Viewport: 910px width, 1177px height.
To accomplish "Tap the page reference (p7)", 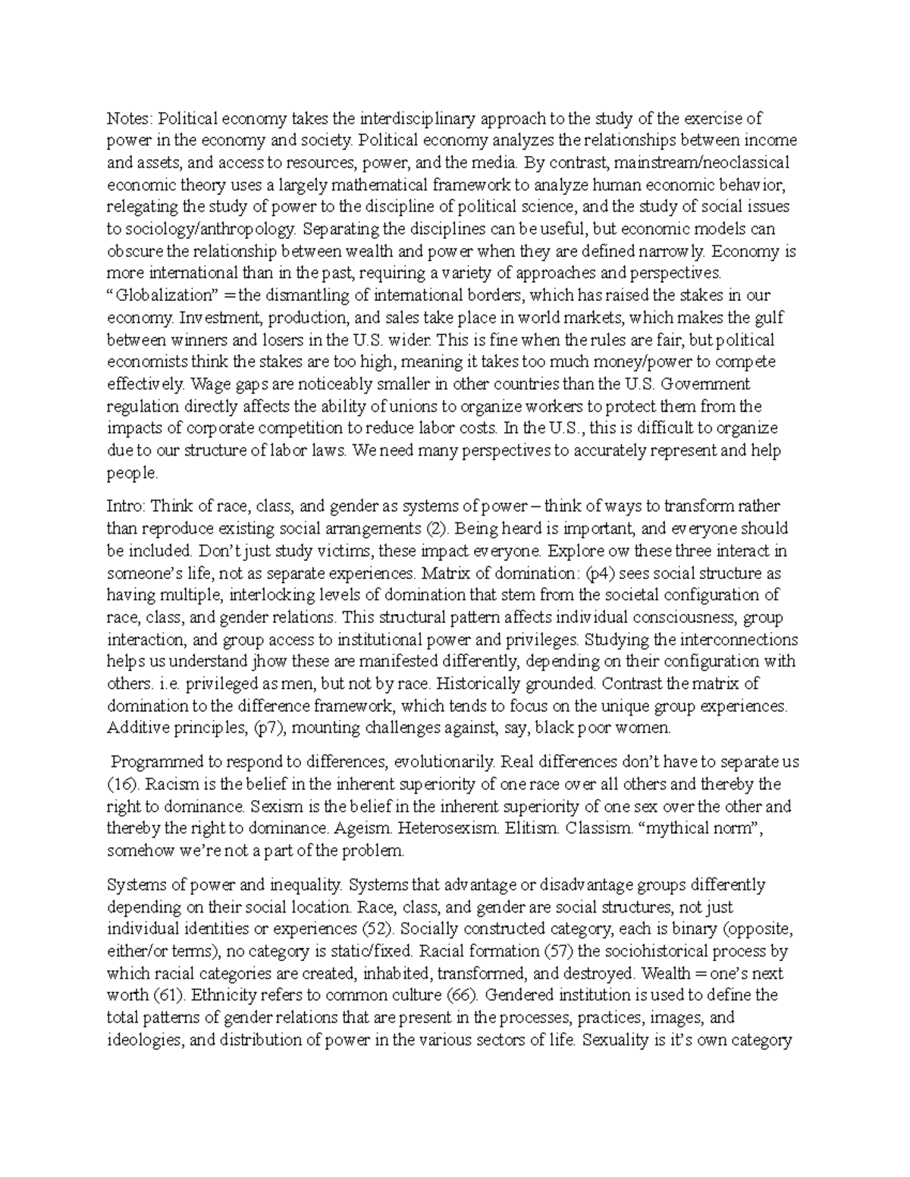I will tap(265, 728).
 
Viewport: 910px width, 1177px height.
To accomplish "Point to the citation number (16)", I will tap(120, 784).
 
